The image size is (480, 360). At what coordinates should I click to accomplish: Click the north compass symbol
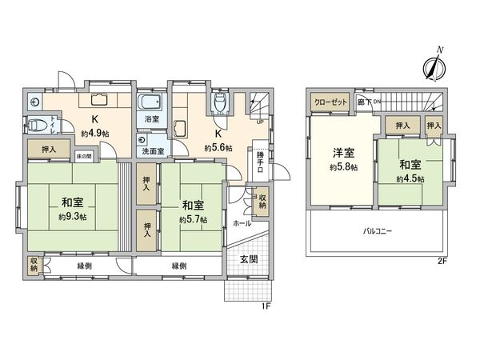(436, 66)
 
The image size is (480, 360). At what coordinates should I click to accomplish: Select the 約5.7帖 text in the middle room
(194, 219)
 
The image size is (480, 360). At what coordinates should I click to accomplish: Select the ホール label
(242, 224)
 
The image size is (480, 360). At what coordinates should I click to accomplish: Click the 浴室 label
(150, 118)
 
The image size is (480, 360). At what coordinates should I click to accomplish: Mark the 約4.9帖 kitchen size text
(94, 134)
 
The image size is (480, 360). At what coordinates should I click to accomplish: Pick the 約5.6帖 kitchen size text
(218, 148)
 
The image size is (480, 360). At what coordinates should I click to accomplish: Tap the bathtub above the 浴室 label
(150, 102)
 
